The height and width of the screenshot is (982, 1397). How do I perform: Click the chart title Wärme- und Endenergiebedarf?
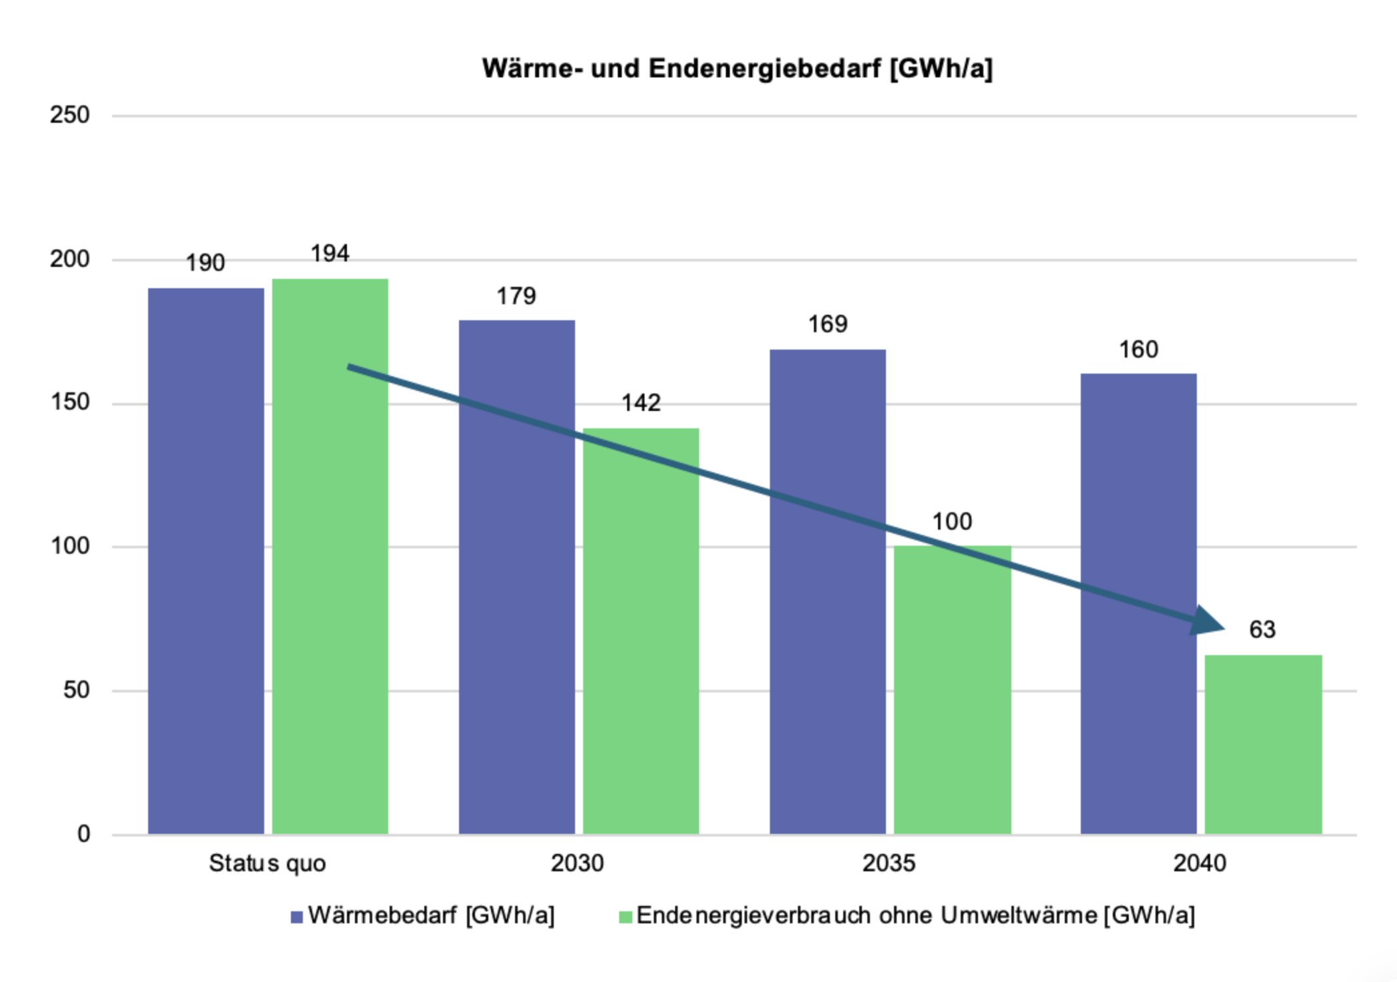[737, 69]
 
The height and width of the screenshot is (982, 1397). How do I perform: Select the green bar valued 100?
[952, 700]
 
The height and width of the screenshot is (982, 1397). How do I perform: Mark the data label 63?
[1262, 630]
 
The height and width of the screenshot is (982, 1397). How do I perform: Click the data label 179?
[516, 296]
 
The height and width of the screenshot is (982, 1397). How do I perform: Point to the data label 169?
[827, 325]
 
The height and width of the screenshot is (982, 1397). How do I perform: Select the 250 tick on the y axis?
[69, 115]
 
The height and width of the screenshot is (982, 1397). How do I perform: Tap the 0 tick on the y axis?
[83, 833]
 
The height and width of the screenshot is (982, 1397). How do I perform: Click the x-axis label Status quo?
[267, 863]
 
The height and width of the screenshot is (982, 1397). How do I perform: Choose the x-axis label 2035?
[889, 863]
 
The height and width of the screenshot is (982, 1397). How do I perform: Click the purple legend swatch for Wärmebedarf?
[297, 917]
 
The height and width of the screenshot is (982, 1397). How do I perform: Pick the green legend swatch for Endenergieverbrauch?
[625, 917]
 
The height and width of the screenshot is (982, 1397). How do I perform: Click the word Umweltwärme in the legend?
[1019, 915]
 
